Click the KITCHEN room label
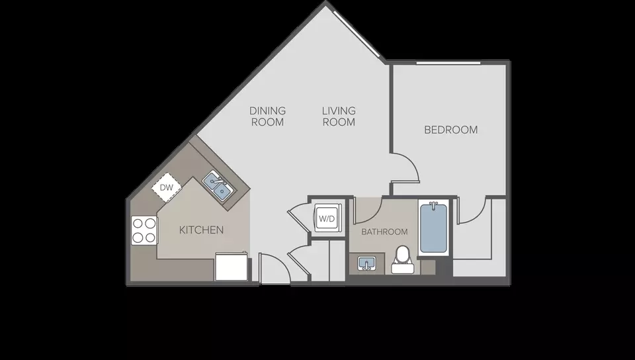[x=201, y=230]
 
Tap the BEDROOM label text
[x=450, y=130]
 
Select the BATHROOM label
[x=384, y=232]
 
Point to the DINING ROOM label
[x=267, y=116]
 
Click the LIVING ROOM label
[x=339, y=116]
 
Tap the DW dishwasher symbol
[x=167, y=187]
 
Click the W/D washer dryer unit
[x=327, y=218]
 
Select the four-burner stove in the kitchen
[x=144, y=230]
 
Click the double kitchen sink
[x=218, y=185]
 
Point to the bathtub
[x=433, y=228]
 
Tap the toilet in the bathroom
[x=403, y=260]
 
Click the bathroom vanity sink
[x=367, y=263]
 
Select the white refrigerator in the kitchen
[x=232, y=267]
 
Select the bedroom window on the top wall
[x=448, y=63]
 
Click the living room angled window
[x=357, y=35]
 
